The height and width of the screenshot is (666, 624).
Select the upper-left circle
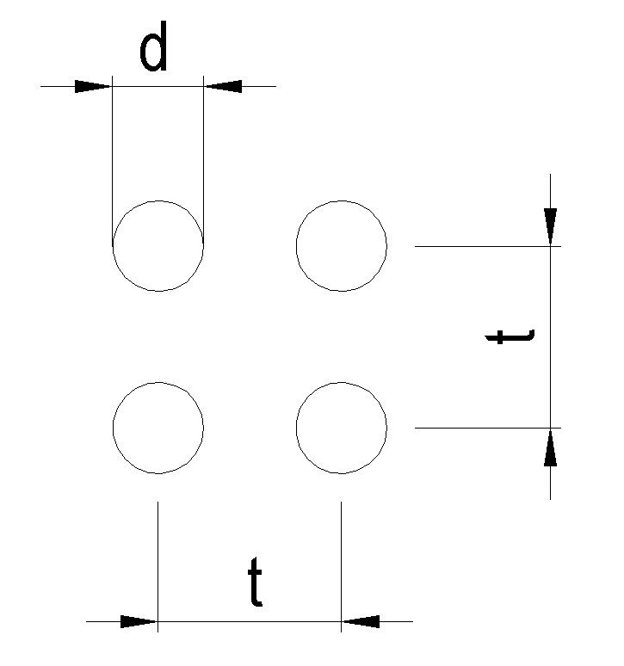(158, 246)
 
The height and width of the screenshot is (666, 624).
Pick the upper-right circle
(342, 246)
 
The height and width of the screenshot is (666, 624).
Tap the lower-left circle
(158, 428)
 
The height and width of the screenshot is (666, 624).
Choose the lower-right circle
(342, 428)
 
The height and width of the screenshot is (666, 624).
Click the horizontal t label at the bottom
(255, 583)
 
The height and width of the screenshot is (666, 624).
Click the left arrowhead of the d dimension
(93, 86)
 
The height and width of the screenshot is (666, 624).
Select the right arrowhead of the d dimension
(223, 86)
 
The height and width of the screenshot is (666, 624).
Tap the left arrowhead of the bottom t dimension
(139, 621)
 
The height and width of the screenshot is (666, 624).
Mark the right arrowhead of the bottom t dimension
(361, 621)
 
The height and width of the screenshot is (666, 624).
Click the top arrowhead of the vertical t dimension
(551, 226)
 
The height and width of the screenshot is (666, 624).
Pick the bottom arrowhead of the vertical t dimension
(551, 447)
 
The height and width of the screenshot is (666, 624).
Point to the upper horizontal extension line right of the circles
(482, 246)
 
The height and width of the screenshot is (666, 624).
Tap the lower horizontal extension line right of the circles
(482, 428)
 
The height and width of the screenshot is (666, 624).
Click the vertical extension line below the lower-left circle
(158, 559)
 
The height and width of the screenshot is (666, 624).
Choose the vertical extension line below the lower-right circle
(342, 559)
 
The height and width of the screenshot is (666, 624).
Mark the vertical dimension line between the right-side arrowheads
(551, 361)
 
